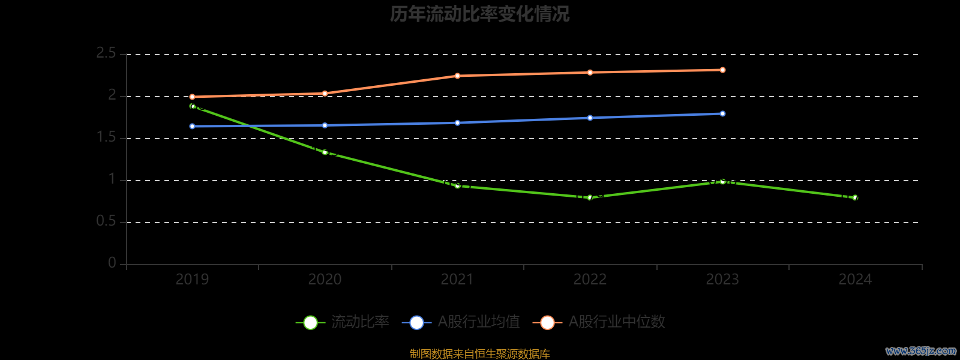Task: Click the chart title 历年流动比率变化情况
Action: coord(479,14)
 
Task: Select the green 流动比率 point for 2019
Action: coord(192,106)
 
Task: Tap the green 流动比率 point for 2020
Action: coord(325,152)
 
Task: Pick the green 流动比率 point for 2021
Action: coord(457,186)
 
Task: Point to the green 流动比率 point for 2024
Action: coord(855,197)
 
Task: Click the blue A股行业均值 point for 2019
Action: coord(192,127)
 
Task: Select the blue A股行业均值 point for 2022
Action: coord(590,118)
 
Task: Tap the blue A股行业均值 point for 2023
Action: coord(722,114)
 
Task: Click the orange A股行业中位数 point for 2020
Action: coord(325,94)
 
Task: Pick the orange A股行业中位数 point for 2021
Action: coord(457,76)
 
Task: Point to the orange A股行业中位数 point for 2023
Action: coord(722,70)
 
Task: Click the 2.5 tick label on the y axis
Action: coord(106,54)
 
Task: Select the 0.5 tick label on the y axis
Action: coord(106,222)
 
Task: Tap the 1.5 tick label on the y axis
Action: coord(106,138)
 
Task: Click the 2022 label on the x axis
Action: coord(590,280)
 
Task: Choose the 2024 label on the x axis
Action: coord(855,280)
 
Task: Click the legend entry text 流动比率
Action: coord(360,322)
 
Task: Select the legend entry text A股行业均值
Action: coord(479,322)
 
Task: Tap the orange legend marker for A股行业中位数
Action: coord(547,323)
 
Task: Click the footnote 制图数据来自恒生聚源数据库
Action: coord(479,354)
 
